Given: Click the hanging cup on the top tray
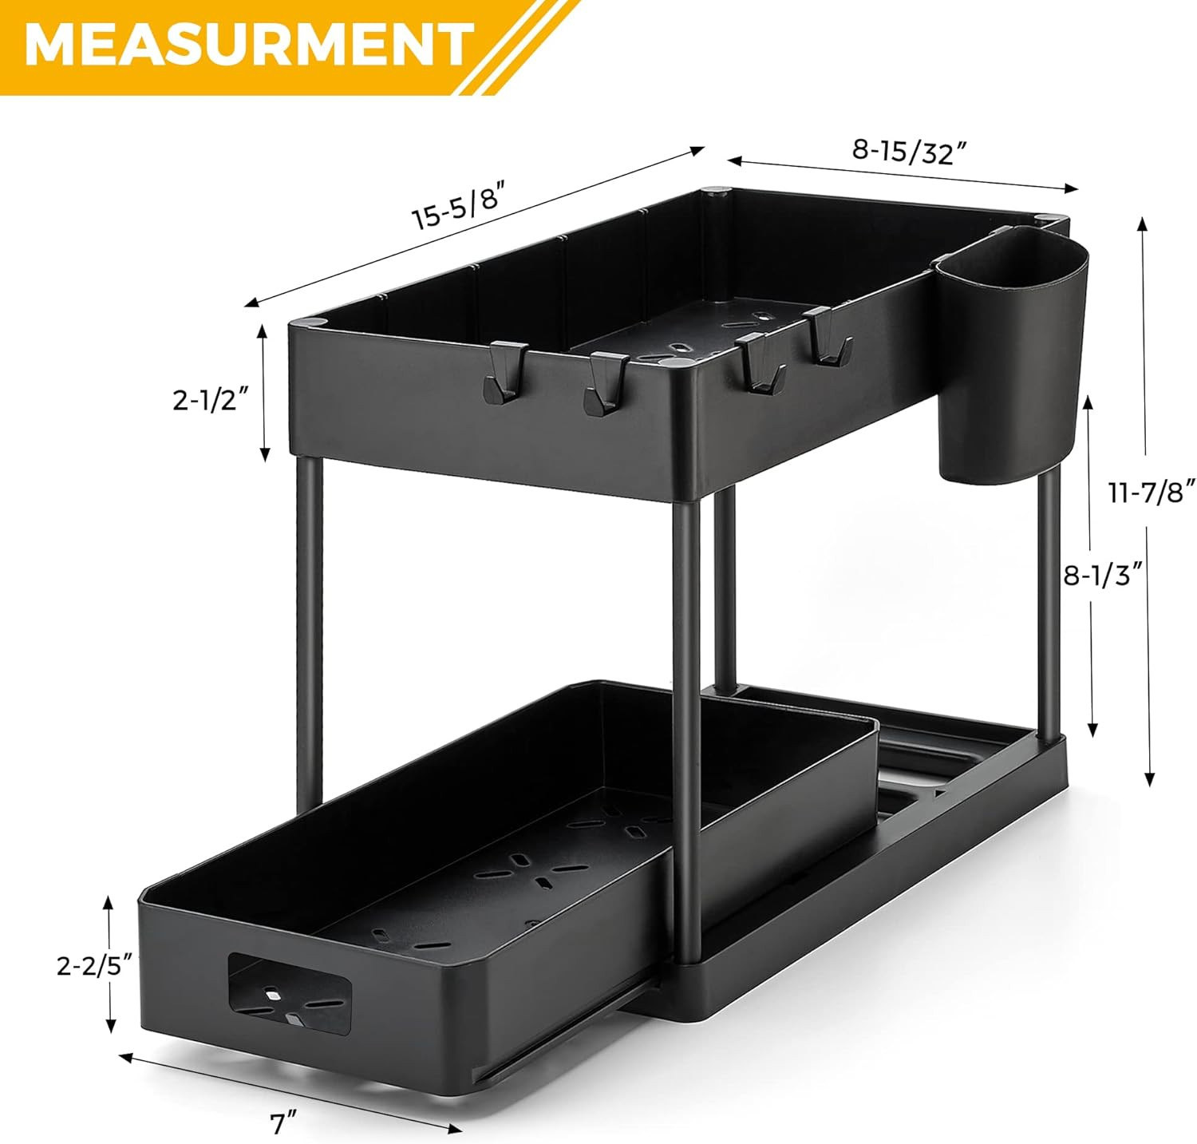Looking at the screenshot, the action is point(1010,355).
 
